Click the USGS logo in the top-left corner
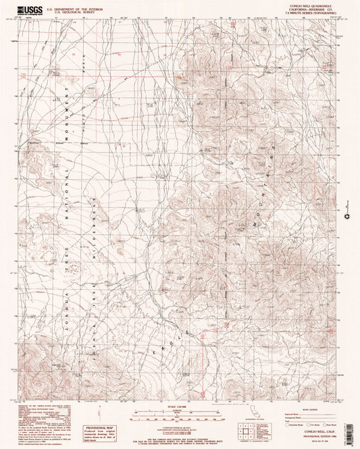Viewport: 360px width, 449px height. [29, 9]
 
